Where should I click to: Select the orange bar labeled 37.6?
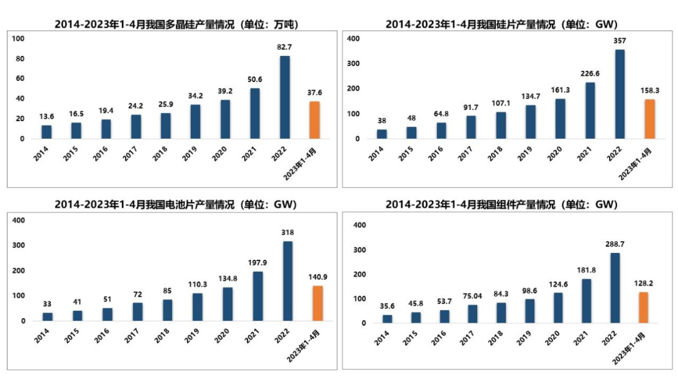click(314, 120)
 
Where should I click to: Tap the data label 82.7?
click(284, 47)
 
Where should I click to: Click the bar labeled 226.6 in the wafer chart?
click(590, 110)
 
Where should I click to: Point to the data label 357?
click(620, 41)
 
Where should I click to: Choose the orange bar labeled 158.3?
click(649, 119)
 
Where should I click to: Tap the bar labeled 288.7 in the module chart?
click(615, 288)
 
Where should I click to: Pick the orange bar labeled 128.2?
click(643, 308)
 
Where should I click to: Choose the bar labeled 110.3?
click(197, 307)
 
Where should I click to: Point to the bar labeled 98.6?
click(530, 311)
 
